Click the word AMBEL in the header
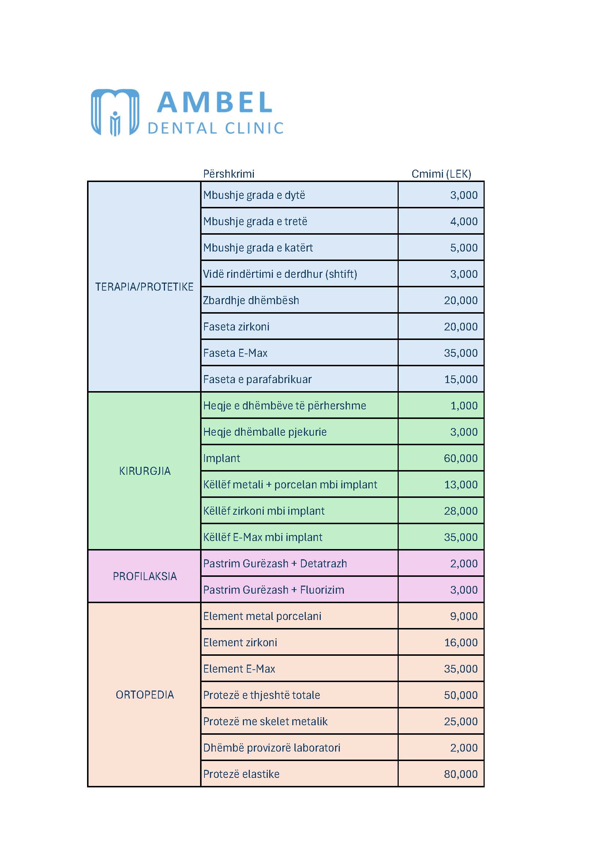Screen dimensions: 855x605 pyautogui.click(x=215, y=102)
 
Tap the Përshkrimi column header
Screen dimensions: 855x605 pyautogui.click(x=229, y=174)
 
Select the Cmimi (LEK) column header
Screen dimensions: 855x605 pyautogui.click(x=441, y=174)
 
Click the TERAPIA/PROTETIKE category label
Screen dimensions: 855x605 pyautogui.click(x=144, y=287)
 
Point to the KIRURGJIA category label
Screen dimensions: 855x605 pyautogui.click(x=144, y=471)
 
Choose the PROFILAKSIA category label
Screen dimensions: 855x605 pyautogui.click(x=144, y=576)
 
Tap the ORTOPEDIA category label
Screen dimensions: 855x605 pyautogui.click(x=144, y=695)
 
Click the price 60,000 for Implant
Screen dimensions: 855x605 pyautogui.click(x=461, y=458)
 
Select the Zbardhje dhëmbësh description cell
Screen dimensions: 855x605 pyautogui.click(x=251, y=300)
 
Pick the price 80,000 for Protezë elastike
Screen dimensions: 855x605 pyautogui.click(x=461, y=774)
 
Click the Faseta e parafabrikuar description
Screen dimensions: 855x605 pyautogui.click(x=258, y=379)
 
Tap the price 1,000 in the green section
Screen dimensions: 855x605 pyautogui.click(x=464, y=405)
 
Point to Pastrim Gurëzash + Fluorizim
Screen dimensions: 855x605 pyautogui.click(x=274, y=590)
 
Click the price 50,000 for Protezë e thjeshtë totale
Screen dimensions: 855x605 pyautogui.click(x=461, y=695)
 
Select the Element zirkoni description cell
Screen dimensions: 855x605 pyautogui.click(x=240, y=642)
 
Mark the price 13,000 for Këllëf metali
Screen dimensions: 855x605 pyautogui.click(x=461, y=484)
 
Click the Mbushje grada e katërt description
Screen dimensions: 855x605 pyautogui.click(x=258, y=247)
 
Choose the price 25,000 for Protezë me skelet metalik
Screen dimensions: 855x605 pyautogui.click(x=461, y=721)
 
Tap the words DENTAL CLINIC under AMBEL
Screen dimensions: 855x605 pyautogui.click(x=216, y=128)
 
